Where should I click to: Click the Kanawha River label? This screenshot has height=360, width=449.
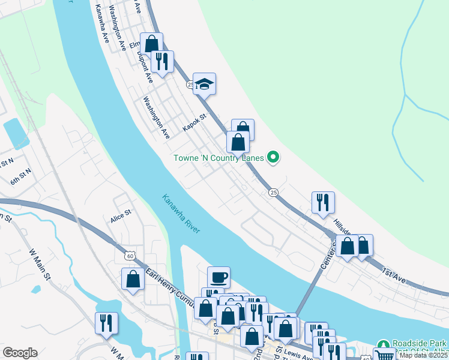pos(181,214)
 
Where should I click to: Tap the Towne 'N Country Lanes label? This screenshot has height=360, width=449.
pos(218,158)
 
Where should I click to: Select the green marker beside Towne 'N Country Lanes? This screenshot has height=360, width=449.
pos(273,158)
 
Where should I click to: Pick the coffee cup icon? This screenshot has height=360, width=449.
pos(218,277)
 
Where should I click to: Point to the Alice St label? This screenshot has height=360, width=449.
pos(120,214)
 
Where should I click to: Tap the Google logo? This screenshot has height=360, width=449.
pos(20,353)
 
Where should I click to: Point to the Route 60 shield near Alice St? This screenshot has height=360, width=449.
pos(129,255)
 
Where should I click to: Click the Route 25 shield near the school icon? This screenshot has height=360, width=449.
pos(190,85)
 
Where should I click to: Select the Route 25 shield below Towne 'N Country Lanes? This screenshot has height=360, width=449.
pos(273,192)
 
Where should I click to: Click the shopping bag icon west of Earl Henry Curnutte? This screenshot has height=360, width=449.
pos(133,279)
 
